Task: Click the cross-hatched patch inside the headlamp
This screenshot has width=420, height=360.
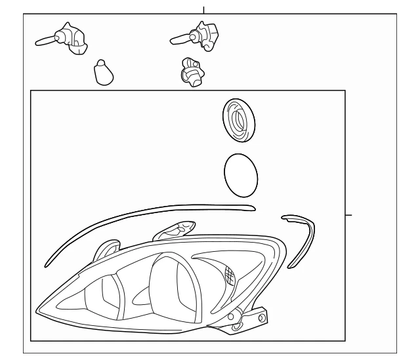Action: click(230, 275)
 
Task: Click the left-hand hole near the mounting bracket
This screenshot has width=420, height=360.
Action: click(232, 317)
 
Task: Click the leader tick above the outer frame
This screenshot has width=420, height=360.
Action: click(203, 9)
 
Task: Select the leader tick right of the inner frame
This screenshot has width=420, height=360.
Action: click(348, 215)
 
